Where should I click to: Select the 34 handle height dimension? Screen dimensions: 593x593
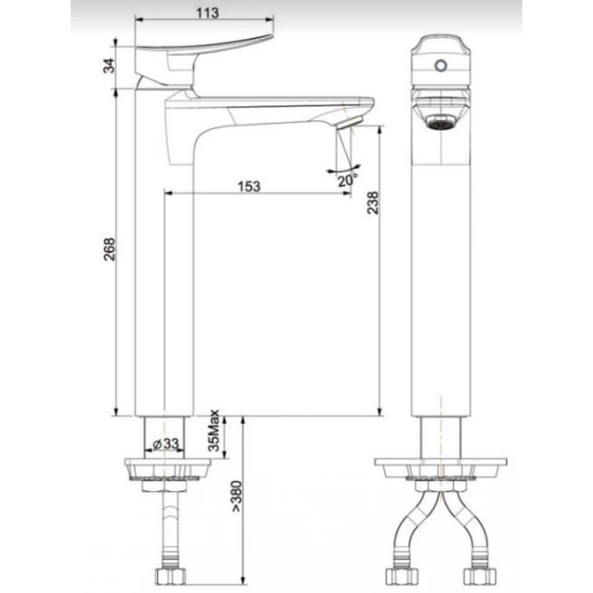coord(110,65)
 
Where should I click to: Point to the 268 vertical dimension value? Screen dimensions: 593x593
coord(110,249)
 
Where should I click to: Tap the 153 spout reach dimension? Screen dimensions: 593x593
coord(249,186)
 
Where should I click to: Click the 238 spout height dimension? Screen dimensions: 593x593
coord(373,203)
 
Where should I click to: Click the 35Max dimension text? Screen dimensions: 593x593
coord(214,431)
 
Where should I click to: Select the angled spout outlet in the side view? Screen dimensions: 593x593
coord(351,122)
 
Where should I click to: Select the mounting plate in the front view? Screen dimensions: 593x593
coord(441,466)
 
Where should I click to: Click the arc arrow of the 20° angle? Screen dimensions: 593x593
coord(344,171)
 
